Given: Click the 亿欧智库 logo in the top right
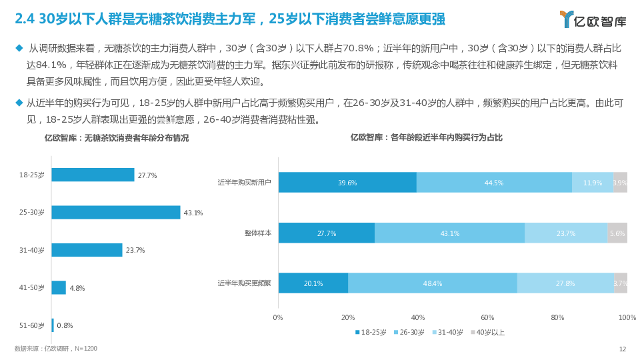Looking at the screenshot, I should (593, 19).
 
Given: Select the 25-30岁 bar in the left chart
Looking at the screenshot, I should (115, 213).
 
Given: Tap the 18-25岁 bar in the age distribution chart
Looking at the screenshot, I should (93, 175).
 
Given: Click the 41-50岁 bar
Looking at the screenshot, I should (59, 287).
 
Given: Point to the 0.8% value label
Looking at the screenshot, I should (65, 325).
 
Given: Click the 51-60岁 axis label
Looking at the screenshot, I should (32, 325).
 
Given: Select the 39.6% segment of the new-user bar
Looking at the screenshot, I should (347, 183).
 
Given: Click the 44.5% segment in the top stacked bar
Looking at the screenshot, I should (494, 183).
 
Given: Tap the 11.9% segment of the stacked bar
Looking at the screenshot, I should (593, 183).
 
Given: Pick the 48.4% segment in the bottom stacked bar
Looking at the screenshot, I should (433, 283).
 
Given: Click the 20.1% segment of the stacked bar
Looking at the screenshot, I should (313, 283).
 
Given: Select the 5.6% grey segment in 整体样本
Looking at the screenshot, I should (617, 233).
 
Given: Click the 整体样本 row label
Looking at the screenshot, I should (258, 233).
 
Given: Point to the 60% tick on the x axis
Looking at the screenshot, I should (487, 317).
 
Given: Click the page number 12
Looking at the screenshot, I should (623, 349).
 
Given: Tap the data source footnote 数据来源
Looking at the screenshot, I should (56, 349).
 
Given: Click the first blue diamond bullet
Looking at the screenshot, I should (19, 47).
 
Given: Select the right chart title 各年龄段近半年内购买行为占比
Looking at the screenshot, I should (427, 137).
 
